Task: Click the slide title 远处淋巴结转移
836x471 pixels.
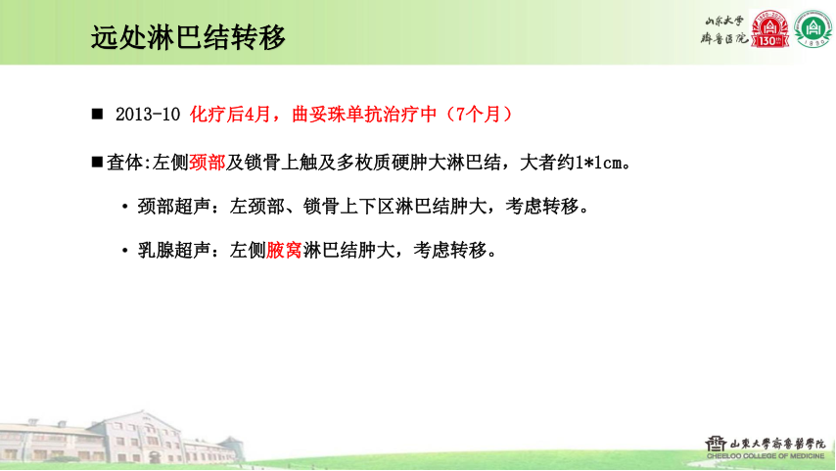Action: click(x=188, y=37)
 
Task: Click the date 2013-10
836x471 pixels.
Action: click(x=148, y=115)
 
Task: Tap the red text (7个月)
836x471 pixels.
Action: click(x=480, y=115)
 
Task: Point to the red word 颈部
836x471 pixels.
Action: click(x=208, y=162)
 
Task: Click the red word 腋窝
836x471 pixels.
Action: click(x=285, y=251)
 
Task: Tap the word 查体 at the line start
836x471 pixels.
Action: click(x=123, y=162)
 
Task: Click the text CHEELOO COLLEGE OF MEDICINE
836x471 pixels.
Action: click(x=766, y=454)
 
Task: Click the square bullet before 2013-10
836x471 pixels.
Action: click(x=97, y=115)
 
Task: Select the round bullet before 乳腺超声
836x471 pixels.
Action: click(x=125, y=252)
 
